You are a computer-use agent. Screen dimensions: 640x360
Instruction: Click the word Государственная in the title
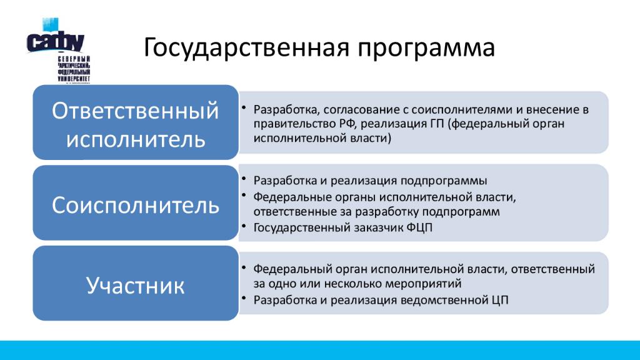point(246,47)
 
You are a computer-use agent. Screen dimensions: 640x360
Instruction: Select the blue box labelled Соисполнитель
point(136,203)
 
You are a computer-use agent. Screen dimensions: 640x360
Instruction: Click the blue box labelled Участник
point(136,283)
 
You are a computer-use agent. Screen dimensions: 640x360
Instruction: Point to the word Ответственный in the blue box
point(135,111)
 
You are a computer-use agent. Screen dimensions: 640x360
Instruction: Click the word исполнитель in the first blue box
point(136,139)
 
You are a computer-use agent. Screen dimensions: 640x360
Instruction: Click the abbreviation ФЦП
point(419,227)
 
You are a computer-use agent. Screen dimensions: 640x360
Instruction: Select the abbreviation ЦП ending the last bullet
point(500,300)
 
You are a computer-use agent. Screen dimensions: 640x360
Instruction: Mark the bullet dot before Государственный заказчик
point(244,225)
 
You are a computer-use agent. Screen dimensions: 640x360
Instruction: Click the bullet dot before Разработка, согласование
point(244,107)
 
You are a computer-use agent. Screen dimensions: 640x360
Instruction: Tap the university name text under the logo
point(74,69)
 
